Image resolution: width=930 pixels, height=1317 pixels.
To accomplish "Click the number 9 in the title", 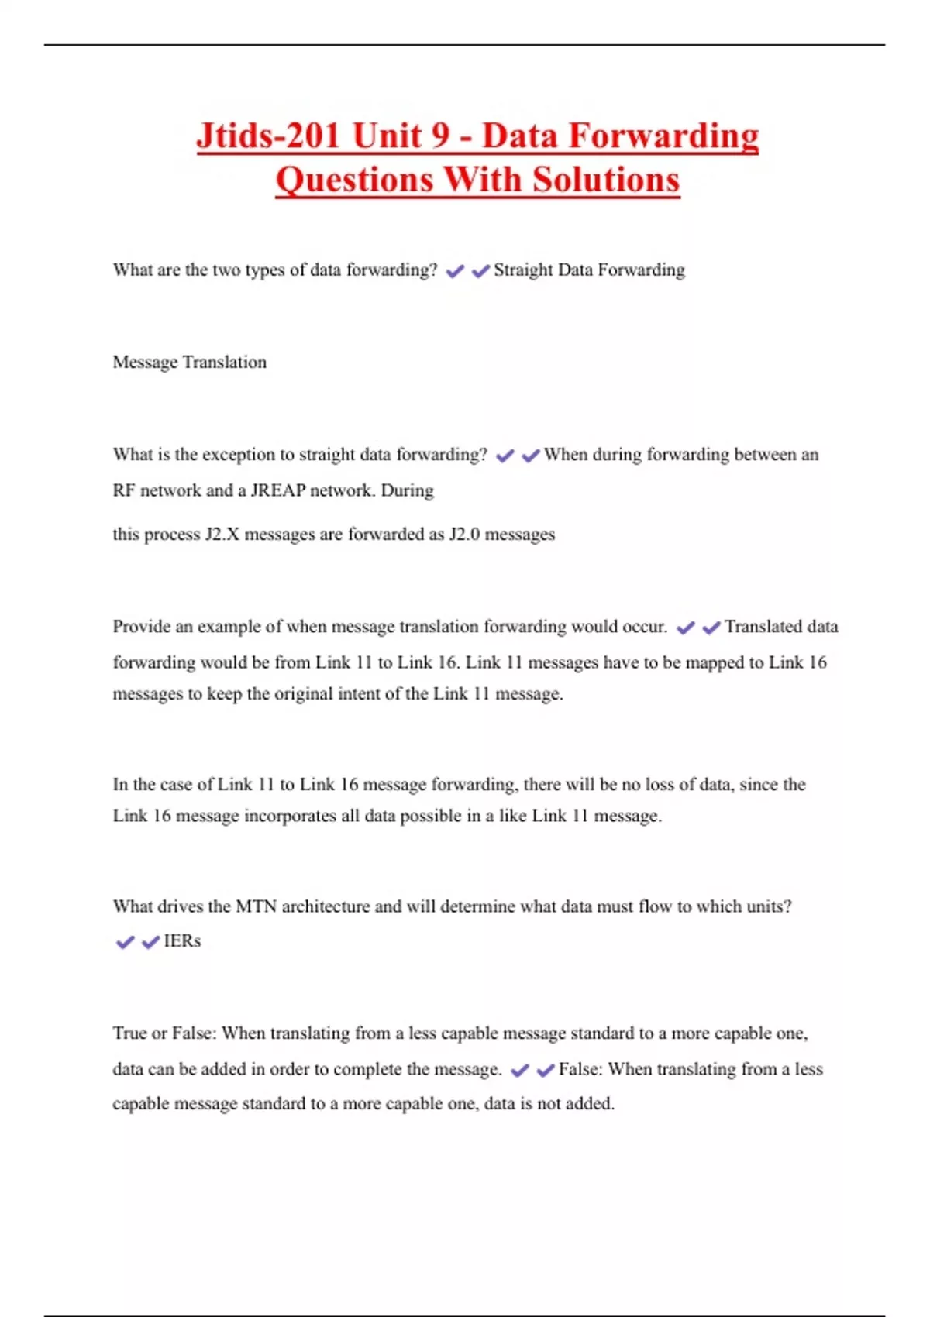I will coord(440,136).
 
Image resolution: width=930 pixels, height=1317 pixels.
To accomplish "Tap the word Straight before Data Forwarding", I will coord(523,270).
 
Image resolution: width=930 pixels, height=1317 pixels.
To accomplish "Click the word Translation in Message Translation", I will coord(225,363).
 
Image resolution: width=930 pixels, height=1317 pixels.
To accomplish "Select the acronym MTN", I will coord(256,906).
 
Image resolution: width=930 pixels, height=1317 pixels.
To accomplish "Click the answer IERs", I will coord(182,941).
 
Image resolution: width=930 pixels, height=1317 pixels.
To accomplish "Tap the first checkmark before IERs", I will coord(125,943).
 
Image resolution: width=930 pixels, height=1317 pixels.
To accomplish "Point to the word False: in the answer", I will coord(580,1069).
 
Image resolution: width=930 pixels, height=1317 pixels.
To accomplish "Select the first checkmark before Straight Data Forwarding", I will coord(455,271).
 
